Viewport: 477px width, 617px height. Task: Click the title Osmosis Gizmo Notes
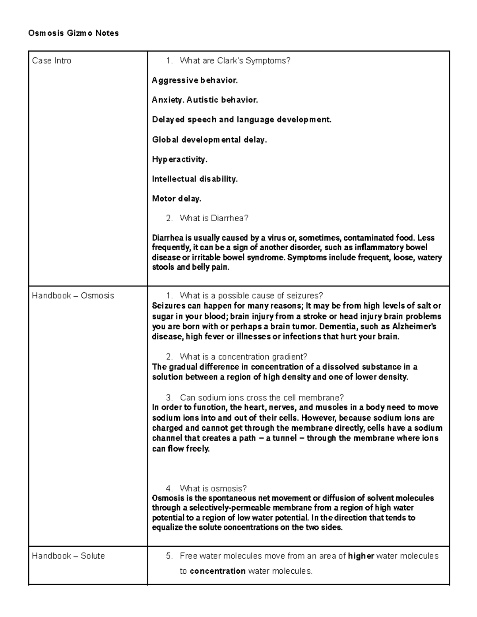tap(74, 33)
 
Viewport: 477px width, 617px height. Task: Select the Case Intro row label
tap(52, 61)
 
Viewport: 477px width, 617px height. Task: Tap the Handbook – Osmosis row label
tap(73, 296)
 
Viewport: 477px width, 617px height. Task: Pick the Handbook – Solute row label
tap(68, 556)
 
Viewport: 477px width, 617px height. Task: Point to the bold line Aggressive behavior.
tap(195, 81)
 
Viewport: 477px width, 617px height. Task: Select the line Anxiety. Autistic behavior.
tap(205, 100)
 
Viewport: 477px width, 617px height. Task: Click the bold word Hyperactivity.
tap(180, 160)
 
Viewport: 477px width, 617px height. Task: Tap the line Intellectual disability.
tap(195, 179)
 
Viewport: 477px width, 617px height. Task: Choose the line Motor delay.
tap(176, 199)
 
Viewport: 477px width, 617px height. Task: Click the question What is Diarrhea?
tap(214, 218)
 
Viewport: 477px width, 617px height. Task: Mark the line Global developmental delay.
tap(209, 140)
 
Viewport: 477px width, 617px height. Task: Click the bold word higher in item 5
tap(361, 556)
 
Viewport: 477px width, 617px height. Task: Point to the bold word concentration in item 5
tap(217, 571)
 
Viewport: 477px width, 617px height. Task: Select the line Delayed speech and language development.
tap(242, 120)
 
